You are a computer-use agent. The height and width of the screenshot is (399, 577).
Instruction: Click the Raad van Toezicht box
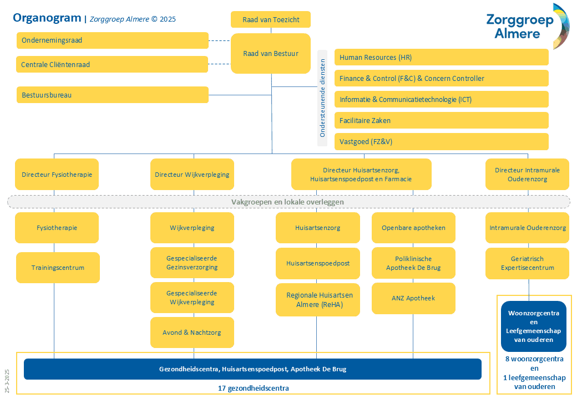(271, 20)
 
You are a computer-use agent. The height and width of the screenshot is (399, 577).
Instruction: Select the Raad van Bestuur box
(271, 54)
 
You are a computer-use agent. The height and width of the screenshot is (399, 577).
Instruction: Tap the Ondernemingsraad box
(113, 40)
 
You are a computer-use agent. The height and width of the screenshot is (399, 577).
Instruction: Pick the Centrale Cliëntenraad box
(113, 65)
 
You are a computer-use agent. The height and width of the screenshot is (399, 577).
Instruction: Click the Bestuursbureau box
(113, 95)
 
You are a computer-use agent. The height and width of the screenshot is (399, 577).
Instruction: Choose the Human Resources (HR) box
(441, 57)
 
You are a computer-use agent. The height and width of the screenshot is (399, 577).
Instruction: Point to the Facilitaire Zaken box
(441, 120)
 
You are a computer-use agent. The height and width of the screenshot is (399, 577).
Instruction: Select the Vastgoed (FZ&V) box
(441, 141)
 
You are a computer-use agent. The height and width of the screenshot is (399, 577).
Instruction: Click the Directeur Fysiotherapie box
(57, 175)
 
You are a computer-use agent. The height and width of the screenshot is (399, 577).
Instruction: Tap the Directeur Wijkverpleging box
(192, 175)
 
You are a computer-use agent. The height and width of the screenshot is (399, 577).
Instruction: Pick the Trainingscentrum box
(58, 268)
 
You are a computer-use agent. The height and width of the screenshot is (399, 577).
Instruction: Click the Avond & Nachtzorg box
(192, 332)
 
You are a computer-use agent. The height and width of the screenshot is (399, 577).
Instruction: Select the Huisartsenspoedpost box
(318, 263)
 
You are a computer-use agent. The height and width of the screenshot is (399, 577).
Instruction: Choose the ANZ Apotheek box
(413, 298)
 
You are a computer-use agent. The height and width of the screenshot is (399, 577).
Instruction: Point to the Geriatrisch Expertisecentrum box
(527, 263)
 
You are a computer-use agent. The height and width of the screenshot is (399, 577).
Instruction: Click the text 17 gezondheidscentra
(253, 388)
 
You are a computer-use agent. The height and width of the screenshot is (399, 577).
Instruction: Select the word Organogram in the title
(47, 18)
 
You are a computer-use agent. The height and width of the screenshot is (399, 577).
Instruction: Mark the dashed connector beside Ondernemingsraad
(219, 40)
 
